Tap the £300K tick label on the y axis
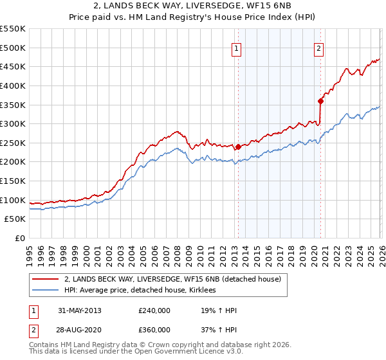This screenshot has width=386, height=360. pyautogui.click(x=13, y=123)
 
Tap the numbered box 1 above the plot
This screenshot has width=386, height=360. pyautogui.click(x=237, y=47)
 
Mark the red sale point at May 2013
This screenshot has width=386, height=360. pyautogui.click(x=238, y=147)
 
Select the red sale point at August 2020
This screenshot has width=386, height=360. pyautogui.click(x=320, y=100)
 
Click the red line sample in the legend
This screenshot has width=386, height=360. pyautogui.click(x=46, y=280)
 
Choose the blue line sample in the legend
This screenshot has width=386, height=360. pyautogui.click(x=46, y=291)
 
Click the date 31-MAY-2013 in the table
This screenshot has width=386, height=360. pyautogui.click(x=79, y=310)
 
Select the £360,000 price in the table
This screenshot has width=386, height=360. pyautogui.click(x=154, y=329)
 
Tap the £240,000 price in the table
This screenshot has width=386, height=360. pyautogui.click(x=154, y=310)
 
